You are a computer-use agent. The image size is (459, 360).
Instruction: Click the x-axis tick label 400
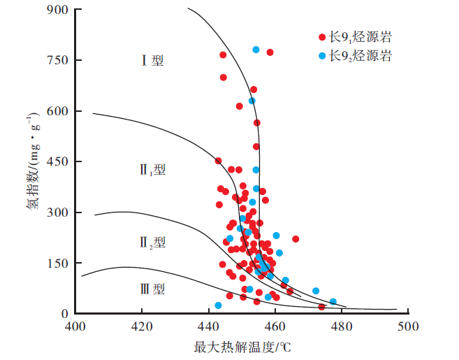point(75,326)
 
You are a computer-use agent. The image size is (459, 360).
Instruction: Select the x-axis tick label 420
point(142,326)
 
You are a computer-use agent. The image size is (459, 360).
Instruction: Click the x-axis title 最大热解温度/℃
point(242,346)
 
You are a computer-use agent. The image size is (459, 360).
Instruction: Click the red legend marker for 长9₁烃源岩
point(321,36)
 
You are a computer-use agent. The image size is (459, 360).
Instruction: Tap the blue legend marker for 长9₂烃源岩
point(321,55)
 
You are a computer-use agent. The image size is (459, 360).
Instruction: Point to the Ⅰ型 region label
point(152,61)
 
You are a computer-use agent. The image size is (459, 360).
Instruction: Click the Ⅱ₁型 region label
point(152,170)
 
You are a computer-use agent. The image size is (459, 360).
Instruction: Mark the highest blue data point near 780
point(256,50)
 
